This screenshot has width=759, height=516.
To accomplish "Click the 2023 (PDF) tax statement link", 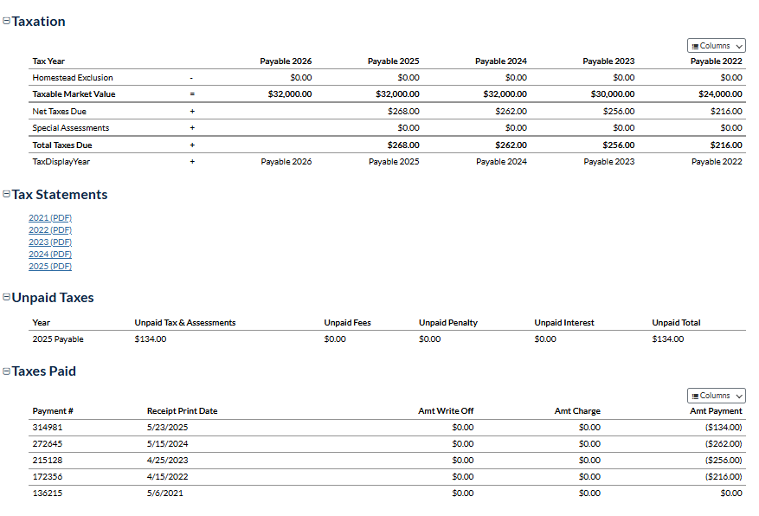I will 49,242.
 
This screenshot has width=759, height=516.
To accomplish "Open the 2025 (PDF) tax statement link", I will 49,267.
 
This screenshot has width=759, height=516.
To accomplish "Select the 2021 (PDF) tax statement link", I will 49,218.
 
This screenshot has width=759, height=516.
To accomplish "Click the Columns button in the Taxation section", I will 717,46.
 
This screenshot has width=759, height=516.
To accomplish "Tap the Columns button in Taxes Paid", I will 717,396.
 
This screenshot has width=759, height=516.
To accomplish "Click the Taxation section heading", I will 38,22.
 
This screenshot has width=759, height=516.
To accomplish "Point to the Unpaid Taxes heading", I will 52,298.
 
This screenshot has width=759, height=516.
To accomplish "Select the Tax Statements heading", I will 59,195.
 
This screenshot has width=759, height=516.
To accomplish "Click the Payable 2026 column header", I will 286,61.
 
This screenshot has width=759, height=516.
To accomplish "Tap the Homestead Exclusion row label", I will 73,78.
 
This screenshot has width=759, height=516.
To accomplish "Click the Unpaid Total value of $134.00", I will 668,339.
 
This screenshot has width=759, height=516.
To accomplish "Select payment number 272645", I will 48,444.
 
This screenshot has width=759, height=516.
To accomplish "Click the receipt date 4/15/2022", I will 167,477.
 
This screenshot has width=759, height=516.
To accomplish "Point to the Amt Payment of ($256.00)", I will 724,461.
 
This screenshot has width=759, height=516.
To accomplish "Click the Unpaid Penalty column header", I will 448,323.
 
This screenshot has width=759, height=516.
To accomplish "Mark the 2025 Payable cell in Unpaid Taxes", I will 58,339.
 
